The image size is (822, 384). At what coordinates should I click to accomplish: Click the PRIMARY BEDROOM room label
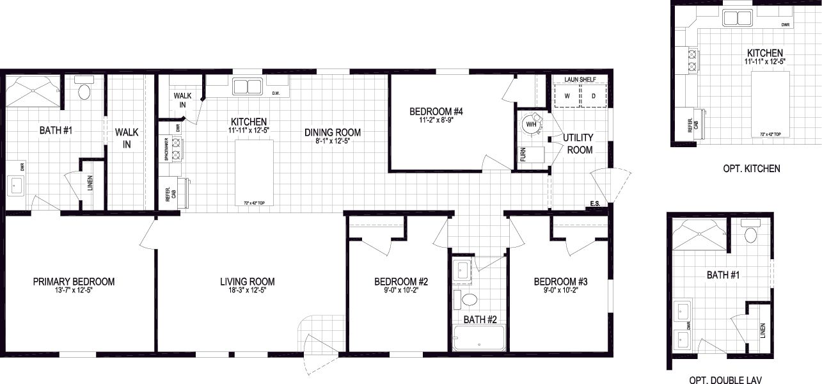74,282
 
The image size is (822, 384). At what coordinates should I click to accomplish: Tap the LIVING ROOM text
247,282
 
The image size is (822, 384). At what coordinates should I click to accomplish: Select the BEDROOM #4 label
436,111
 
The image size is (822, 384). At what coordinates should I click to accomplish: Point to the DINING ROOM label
332,132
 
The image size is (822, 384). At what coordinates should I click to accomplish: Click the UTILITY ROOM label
578,143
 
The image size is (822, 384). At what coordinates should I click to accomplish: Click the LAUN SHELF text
580,80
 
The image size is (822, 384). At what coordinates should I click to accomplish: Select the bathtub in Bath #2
478,337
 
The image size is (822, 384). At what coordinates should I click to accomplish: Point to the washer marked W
565,96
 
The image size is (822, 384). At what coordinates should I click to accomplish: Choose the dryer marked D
593,96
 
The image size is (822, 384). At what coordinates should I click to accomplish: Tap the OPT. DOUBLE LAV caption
725,379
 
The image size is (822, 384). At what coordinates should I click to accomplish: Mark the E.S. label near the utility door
596,205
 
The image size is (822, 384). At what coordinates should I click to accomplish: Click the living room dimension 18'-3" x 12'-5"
247,291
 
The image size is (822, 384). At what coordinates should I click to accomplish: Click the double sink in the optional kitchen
738,17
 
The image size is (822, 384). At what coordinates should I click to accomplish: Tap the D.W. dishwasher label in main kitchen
276,93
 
